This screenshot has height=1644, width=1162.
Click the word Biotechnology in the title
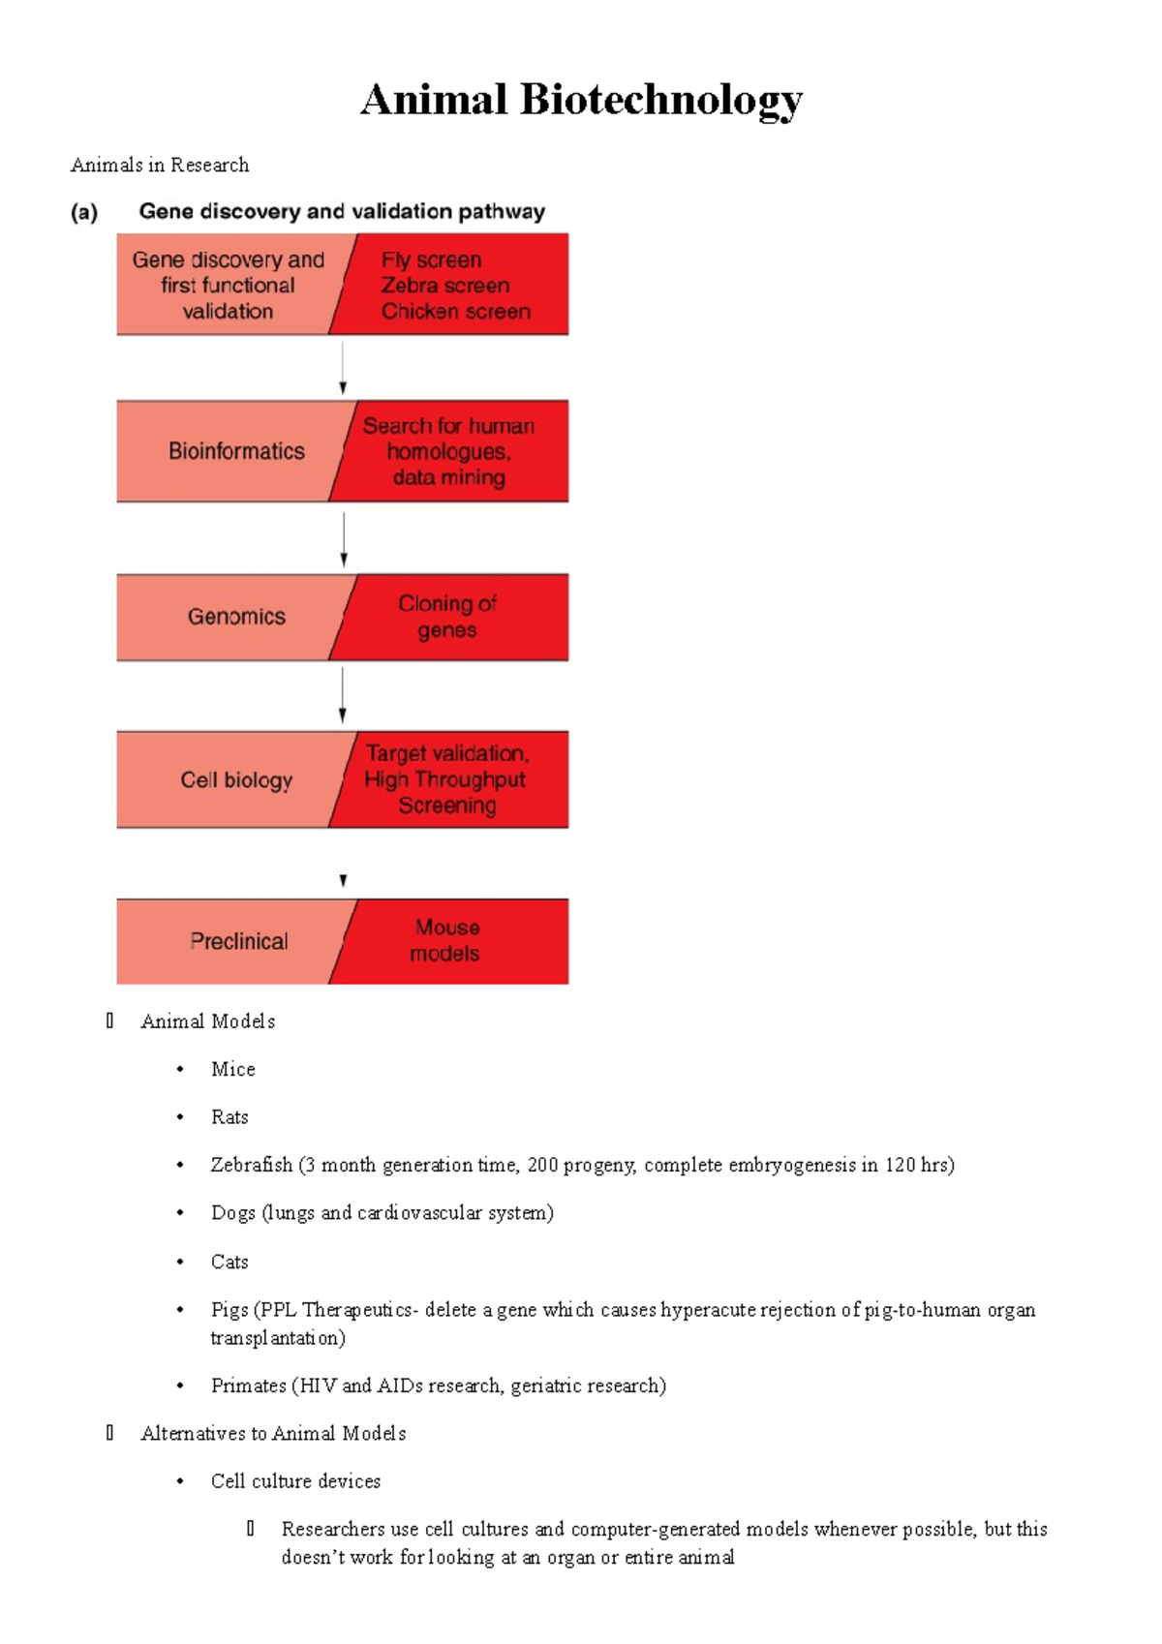click(x=660, y=101)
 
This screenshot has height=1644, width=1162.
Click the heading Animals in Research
click(x=160, y=165)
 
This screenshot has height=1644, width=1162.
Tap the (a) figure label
click(x=84, y=212)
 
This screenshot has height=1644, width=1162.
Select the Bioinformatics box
click(x=236, y=451)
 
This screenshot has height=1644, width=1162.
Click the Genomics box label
click(x=236, y=617)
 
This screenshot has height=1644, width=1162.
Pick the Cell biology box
click(x=236, y=780)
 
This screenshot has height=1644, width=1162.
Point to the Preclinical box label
click(x=238, y=941)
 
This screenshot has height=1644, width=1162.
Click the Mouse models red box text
click(x=445, y=940)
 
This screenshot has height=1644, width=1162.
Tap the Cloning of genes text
click(x=446, y=617)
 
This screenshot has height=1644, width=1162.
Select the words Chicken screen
click(x=455, y=312)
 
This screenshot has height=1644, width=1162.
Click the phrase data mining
click(x=448, y=477)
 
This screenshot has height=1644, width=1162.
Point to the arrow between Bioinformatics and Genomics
click(x=344, y=538)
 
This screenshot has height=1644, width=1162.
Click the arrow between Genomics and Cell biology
click(x=343, y=695)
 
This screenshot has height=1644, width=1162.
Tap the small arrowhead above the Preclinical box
click(x=343, y=880)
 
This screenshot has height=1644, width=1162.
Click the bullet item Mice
click(x=233, y=1069)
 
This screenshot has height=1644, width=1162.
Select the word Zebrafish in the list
click(x=251, y=1165)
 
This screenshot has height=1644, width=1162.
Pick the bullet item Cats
click(x=229, y=1262)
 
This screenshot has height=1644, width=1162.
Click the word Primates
click(x=248, y=1385)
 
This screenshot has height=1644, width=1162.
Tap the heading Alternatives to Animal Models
click(x=273, y=1433)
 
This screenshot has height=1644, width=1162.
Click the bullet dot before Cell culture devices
click(x=180, y=1481)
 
